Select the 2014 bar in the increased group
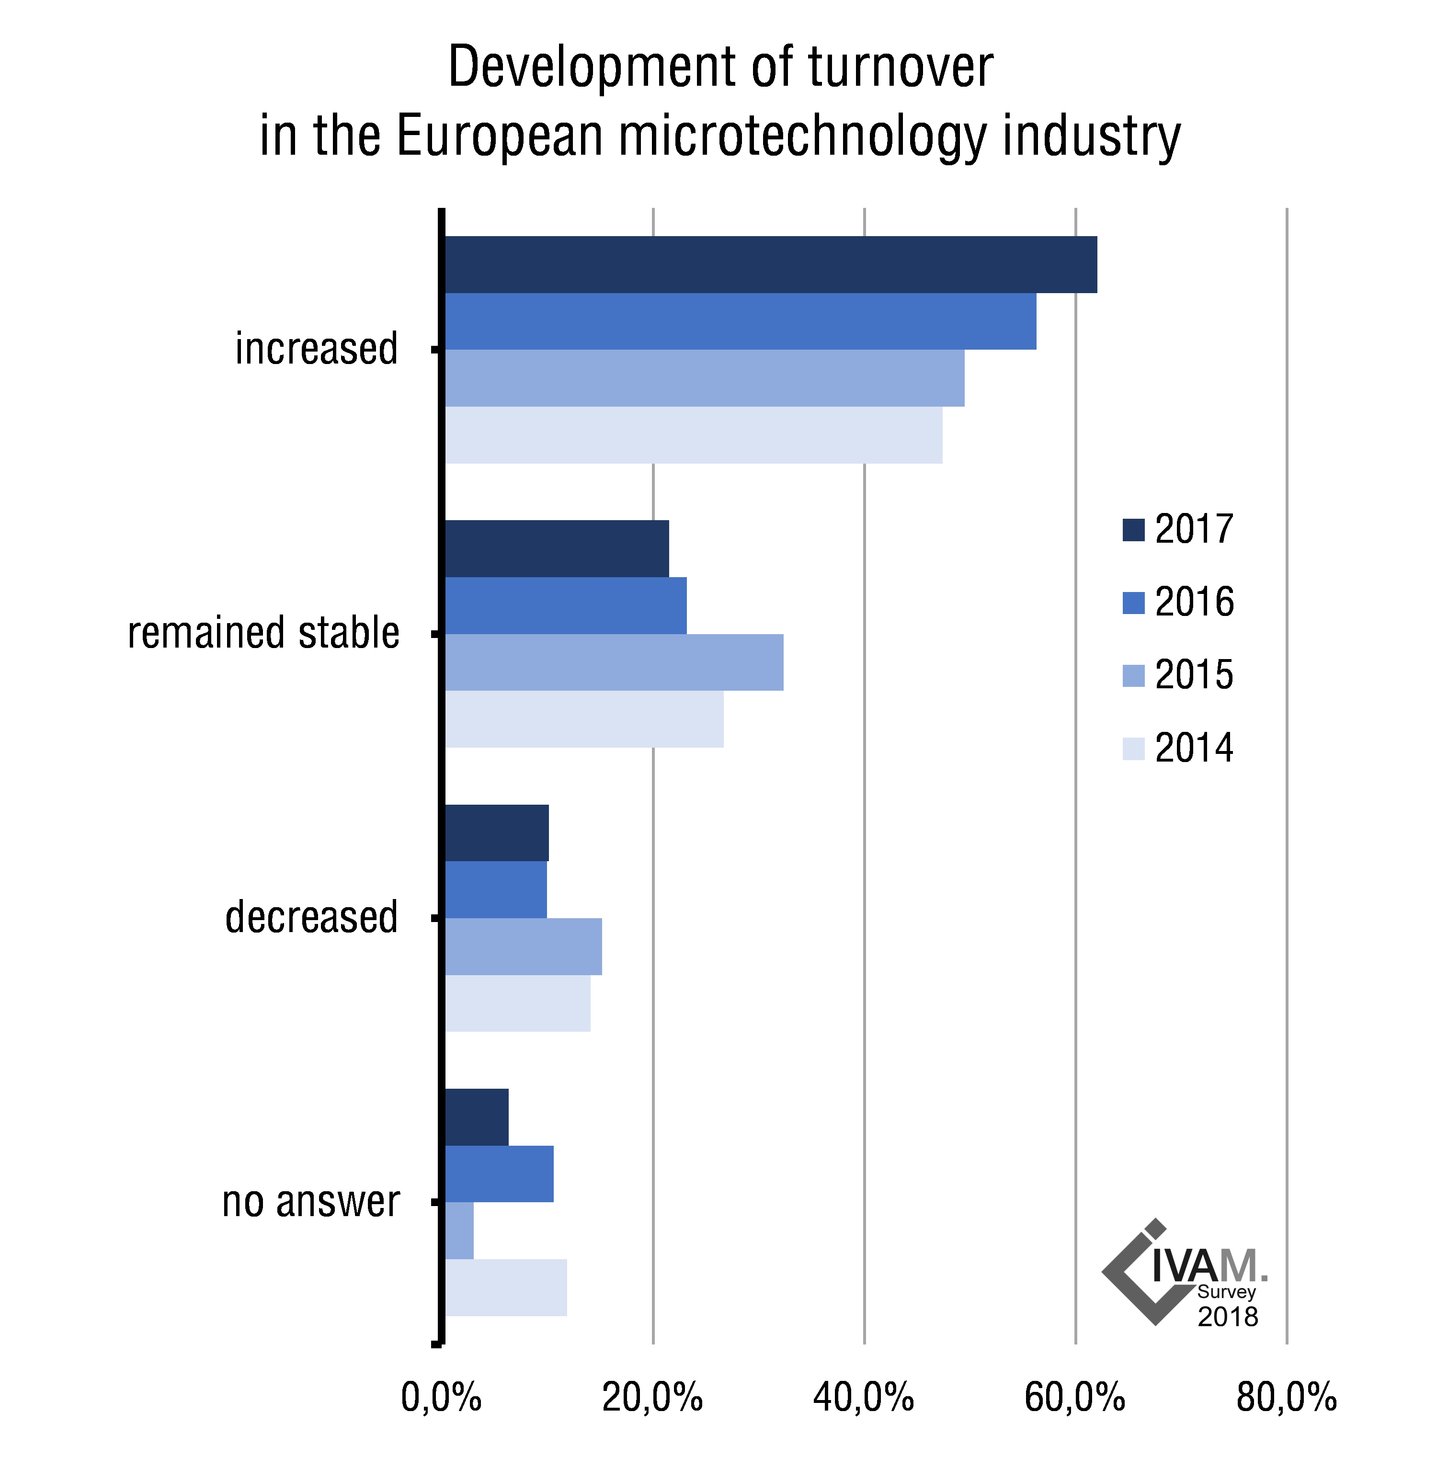(x=693, y=435)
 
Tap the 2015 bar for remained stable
(x=614, y=662)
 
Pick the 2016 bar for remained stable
(x=565, y=605)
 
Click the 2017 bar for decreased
(x=497, y=832)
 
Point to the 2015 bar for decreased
(x=523, y=946)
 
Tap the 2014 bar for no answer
(x=506, y=1287)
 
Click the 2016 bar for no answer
(x=499, y=1173)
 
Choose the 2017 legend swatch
(x=1133, y=530)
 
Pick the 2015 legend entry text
(x=1194, y=675)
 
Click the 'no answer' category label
(x=310, y=1201)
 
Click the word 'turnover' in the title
(x=901, y=68)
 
